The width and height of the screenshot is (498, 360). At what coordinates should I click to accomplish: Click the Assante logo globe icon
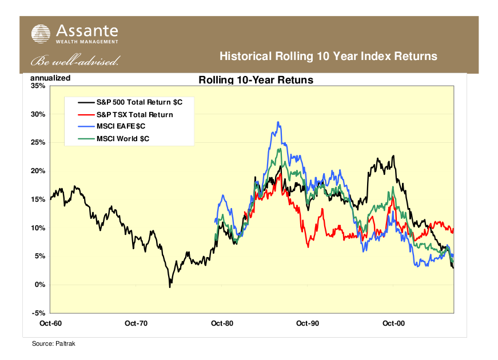point(41,34)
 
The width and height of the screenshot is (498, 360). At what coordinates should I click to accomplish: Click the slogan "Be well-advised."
point(75,60)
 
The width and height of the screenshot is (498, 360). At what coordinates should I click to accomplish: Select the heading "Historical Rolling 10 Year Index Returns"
point(329,57)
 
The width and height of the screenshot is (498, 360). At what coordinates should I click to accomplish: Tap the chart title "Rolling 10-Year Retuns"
point(256,80)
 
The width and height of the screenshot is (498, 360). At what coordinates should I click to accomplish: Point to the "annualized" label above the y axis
point(50,78)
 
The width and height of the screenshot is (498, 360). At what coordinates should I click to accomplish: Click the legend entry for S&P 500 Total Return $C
point(136,102)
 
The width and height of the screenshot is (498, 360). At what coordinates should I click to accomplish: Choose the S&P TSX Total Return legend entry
point(134,114)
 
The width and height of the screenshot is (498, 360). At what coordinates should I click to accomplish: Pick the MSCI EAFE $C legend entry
point(120,126)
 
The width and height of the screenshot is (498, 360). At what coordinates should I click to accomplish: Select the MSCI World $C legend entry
point(122,138)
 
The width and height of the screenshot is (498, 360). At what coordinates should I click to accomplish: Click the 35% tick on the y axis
point(38,86)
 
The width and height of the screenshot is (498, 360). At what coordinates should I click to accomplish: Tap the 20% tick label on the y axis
point(38,171)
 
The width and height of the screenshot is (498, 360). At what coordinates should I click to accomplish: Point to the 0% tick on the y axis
point(40,285)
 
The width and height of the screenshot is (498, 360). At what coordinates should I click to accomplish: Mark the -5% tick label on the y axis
point(38,313)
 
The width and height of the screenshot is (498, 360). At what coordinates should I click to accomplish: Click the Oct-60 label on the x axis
point(50,323)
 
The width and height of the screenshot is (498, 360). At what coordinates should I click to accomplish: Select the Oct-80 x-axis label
point(222,323)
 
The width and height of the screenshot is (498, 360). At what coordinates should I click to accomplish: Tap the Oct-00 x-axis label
point(393,323)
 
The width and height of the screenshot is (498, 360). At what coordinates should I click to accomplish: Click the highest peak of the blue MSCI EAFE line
point(278,122)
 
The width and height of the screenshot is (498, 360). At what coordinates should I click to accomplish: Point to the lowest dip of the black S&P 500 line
point(170,286)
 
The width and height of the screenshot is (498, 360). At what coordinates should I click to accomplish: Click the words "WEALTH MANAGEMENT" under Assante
point(87,42)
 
